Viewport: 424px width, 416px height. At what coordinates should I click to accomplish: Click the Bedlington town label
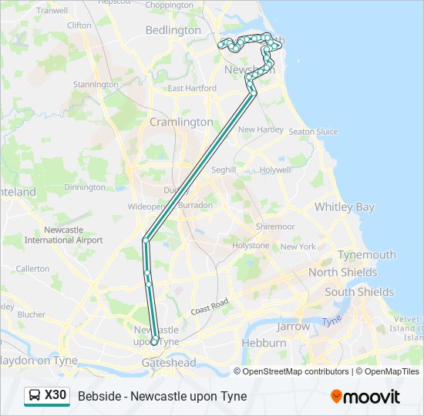click(173, 31)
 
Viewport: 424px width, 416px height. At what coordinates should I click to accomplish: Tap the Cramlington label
click(181, 122)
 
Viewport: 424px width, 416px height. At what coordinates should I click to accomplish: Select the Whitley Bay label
click(344, 207)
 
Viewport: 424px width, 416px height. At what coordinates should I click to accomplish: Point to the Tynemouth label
click(367, 255)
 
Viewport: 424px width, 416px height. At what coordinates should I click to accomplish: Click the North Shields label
click(343, 273)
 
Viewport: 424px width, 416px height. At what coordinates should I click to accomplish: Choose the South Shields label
click(359, 292)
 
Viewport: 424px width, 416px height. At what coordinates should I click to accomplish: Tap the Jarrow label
click(293, 326)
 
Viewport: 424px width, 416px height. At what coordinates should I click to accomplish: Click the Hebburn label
click(264, 343)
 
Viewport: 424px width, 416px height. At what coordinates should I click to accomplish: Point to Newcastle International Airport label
click(63, 235)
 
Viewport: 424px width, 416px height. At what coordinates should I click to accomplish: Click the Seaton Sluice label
click(313, 132)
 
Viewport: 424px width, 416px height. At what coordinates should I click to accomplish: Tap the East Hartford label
click(192, 89)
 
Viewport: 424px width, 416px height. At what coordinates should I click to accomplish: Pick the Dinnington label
click(85, 187)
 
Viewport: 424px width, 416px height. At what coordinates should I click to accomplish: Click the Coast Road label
click(212, 307)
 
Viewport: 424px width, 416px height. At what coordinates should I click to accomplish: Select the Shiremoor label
click(275, 227)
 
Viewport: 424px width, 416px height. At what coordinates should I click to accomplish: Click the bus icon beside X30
click(35, 396)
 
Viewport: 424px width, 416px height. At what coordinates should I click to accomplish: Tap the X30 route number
click(56, 395)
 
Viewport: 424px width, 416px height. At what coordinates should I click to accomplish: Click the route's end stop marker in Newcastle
click(155, 341)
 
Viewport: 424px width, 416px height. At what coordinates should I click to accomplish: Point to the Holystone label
click(251, 246)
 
